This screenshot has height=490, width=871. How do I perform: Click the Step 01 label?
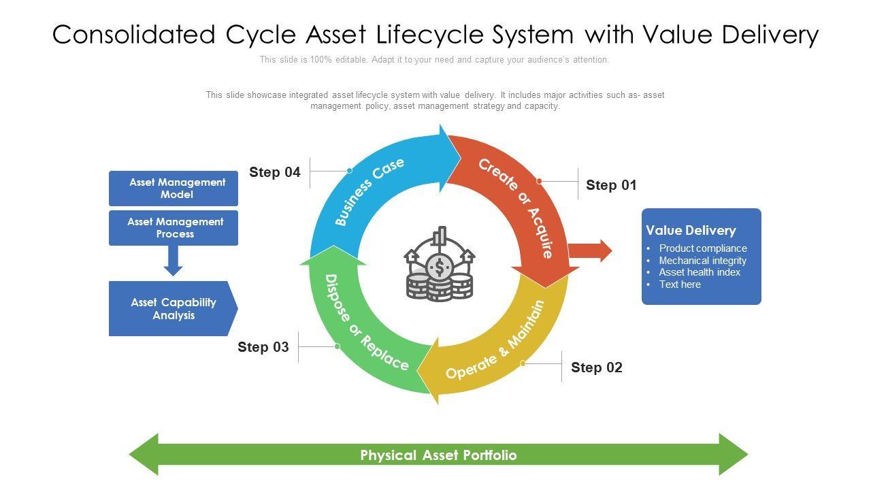611,185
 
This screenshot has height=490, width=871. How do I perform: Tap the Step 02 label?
596,367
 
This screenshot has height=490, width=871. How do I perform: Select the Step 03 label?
263,347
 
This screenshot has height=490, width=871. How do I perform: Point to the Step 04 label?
274,172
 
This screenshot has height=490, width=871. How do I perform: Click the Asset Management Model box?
174,189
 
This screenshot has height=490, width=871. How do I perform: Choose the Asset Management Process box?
174,228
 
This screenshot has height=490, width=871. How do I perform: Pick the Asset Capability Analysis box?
173,309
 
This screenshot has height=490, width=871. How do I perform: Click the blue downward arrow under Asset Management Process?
174,260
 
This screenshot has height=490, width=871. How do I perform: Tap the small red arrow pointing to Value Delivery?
589,250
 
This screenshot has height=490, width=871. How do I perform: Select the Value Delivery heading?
691,230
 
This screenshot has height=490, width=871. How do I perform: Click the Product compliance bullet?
702,248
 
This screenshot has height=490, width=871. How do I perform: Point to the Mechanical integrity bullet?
702,261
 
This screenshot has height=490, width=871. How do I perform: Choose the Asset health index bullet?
700,272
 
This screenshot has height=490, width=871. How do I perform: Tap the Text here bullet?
680,284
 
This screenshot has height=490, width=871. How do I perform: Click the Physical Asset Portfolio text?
438,455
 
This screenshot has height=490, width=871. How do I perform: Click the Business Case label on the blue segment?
369,191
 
